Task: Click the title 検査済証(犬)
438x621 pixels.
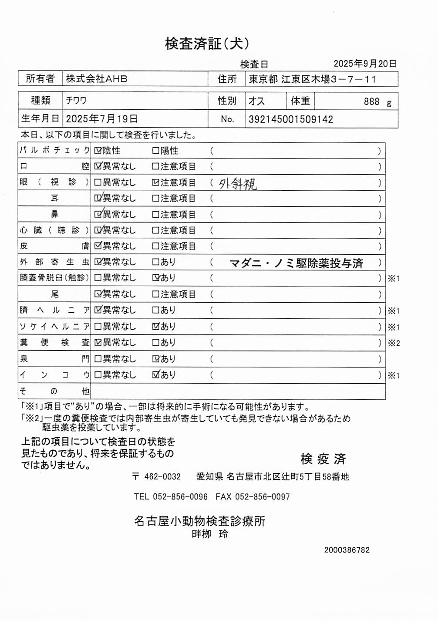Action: point(207,44)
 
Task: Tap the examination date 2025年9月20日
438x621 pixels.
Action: point(365,64)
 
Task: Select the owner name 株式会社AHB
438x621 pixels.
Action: point(97,79)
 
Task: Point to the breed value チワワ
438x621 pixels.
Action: point(76,101)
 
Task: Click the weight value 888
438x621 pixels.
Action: point(371,101)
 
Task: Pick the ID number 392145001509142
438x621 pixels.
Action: point(290,119)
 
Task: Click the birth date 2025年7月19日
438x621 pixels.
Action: point(102,119)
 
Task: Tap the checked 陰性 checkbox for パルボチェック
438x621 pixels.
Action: point(98,151)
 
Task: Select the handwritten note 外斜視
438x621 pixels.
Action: point(237,184)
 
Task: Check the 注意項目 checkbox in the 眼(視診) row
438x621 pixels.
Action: point(155,182)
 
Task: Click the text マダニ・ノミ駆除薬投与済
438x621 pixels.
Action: point(296,263)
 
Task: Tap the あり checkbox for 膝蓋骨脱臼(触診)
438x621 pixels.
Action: point(155,278)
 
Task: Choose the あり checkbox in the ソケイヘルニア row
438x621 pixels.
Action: point(155,326)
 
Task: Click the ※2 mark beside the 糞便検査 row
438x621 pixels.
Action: point(394,343)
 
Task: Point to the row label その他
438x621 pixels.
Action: point(54,391)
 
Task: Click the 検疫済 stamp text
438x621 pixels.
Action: point(323,459)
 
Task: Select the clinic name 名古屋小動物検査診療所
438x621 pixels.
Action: point(199,521)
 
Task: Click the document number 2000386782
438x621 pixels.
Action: point(347,550)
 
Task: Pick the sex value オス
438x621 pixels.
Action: point(256,101)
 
